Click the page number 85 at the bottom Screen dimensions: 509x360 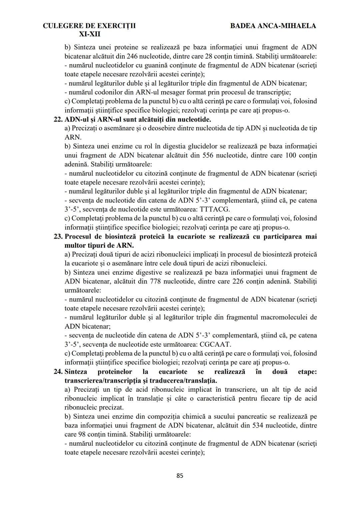[x=180, y=476]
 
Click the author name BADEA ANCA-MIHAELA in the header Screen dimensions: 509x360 [x=273, y=26]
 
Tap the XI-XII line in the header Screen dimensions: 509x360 [x=89, y=34]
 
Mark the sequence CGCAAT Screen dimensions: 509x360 [x=215, y=344]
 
